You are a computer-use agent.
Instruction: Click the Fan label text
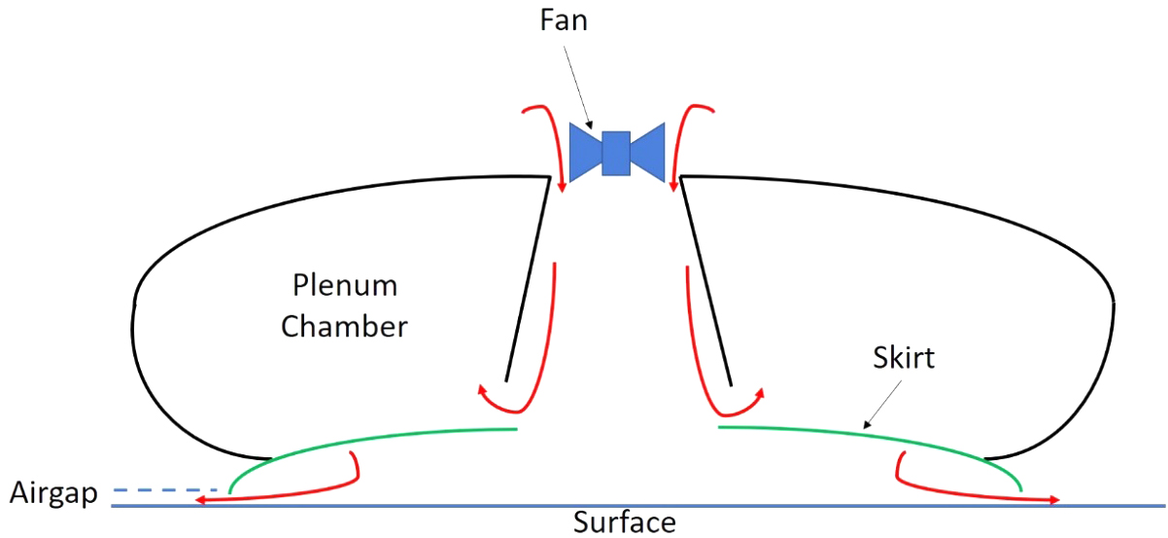click(x=564, y=20)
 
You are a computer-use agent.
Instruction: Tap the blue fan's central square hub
click(x=616, y=153)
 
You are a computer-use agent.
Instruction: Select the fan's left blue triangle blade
click(x=586, y=153)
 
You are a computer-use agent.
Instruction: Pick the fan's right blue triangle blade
click(x=647, y=152)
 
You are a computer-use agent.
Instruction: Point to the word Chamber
click(x=344, y=326)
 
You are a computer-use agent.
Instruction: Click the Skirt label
click(x=903, y=358)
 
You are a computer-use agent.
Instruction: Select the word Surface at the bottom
click(x=624, y=522)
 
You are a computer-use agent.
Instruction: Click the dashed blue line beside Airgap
click(x=166, y=489)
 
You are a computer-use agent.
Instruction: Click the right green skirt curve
click(x=875, y=444)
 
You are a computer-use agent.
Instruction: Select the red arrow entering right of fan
click(x=682, y=146)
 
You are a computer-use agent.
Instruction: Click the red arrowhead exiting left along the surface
click(x=202, y=500)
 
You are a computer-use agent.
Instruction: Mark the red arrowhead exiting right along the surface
click(x=1053, y=500)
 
